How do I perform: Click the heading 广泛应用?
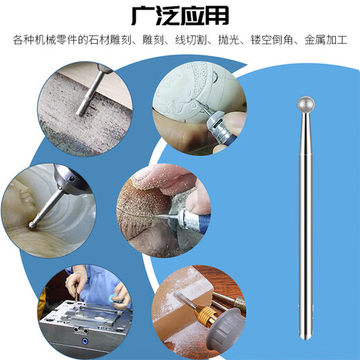180,15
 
